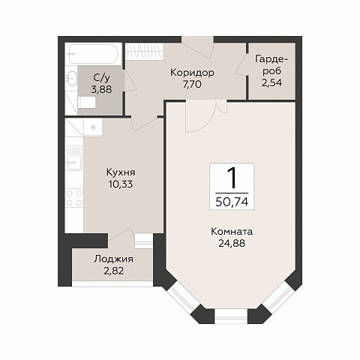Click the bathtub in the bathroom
[x=93, y=54]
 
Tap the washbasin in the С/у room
[x=71, y=78]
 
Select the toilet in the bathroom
[x=86, y=103]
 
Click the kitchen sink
[x=73, y=158]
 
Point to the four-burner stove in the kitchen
[x=74, y=198]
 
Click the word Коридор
[x=192, y=73]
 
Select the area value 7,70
[x=192, y=85]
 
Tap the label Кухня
[x=121, y=172]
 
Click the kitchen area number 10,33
[x=121, y=184]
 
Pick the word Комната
[x=232, y=232]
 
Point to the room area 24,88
[x=232, y=243]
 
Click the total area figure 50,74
[x=232, y=202]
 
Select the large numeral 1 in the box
[x=232, y=178]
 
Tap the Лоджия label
[x=114, y=259]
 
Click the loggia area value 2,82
[x=114, y=271]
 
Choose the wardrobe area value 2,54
[x=272, y=82]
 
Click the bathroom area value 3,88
[x=101, y=89]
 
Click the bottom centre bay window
[x=231, y=316]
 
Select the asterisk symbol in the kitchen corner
[x=93, y=127]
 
